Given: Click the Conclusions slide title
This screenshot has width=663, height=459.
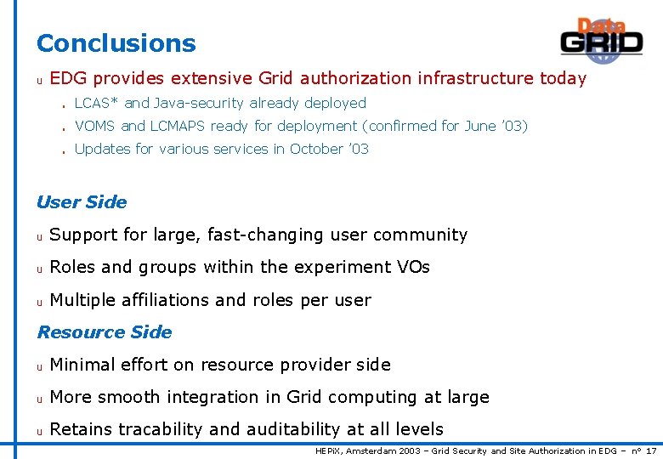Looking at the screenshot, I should pos(116,43).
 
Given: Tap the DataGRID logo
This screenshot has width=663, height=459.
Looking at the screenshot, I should pos(601,39).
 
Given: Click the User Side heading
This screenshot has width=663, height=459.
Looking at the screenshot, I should pos(82,202).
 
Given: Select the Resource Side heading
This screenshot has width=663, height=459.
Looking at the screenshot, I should pos(105,332).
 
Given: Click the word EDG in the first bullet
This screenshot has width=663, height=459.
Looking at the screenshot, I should pos(69,79).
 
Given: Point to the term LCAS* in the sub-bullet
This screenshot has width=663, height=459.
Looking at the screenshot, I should pos(97,104).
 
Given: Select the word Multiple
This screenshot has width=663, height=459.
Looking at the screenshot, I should pos(82,301).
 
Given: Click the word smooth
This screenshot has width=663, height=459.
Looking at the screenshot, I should pos(127,398).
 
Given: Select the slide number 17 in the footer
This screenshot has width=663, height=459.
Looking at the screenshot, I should pos(651,451).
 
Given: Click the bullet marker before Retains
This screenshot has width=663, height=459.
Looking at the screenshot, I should pos(39,431).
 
